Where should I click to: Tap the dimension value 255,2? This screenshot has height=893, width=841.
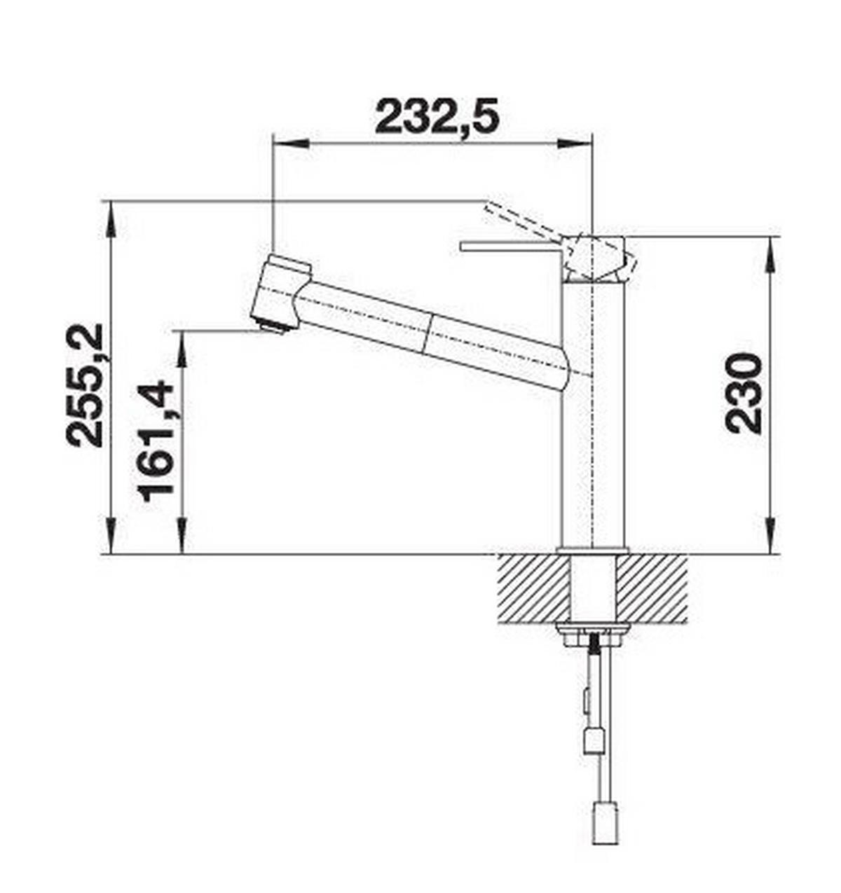click(x=85, y=385)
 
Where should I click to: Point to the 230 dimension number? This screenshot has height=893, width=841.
click(x=744, y=394)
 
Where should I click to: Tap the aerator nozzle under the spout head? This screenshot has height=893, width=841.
click(x=273, y=326)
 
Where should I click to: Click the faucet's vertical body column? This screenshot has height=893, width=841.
click(x=594, y=420)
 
